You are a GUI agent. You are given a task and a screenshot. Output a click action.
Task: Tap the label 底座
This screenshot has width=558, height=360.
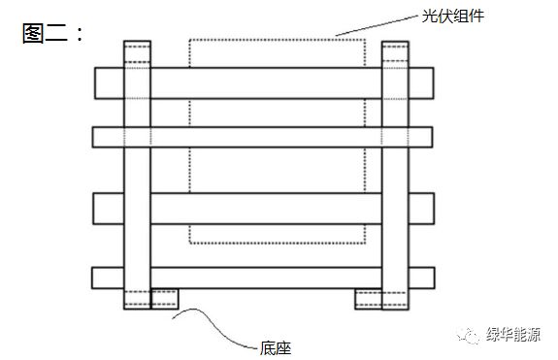pos(278,345)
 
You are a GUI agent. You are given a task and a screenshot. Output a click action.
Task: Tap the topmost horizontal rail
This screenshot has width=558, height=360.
pos(263,82)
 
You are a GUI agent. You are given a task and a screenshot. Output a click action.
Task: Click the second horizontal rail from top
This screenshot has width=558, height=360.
pos(263,136)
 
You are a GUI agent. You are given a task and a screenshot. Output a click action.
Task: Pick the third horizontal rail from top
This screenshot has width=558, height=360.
pos(263,208)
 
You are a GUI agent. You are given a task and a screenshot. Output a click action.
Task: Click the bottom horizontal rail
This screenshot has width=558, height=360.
pos(263,278)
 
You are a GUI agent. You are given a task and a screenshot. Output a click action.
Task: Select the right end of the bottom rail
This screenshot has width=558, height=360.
pos(421,278)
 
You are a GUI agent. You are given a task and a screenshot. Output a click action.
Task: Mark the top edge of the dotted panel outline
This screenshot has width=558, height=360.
pos(277,39)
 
